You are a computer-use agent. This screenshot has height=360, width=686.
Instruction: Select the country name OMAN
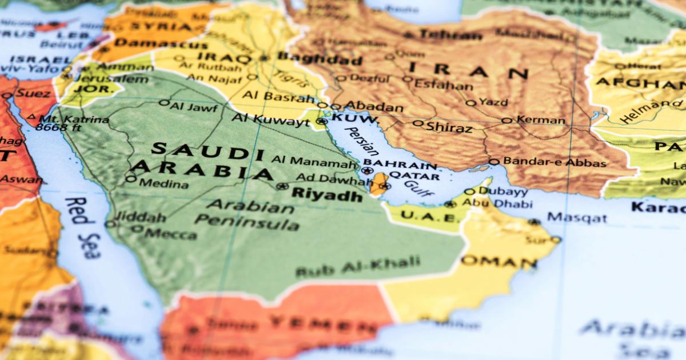click(499, 262)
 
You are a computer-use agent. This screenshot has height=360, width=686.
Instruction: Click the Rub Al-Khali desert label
click(358, 267)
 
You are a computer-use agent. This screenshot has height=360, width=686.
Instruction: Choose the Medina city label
click(163, 184)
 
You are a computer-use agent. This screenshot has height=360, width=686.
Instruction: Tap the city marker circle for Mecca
click(137, 229)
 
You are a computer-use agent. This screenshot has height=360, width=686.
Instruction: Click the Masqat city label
click(577, 218)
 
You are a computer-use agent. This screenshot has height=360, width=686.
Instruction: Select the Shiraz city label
click(449, 127)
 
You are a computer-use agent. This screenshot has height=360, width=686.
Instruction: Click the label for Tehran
click(450, 34)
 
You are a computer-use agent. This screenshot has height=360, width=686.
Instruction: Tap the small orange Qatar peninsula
click(379, 184)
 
